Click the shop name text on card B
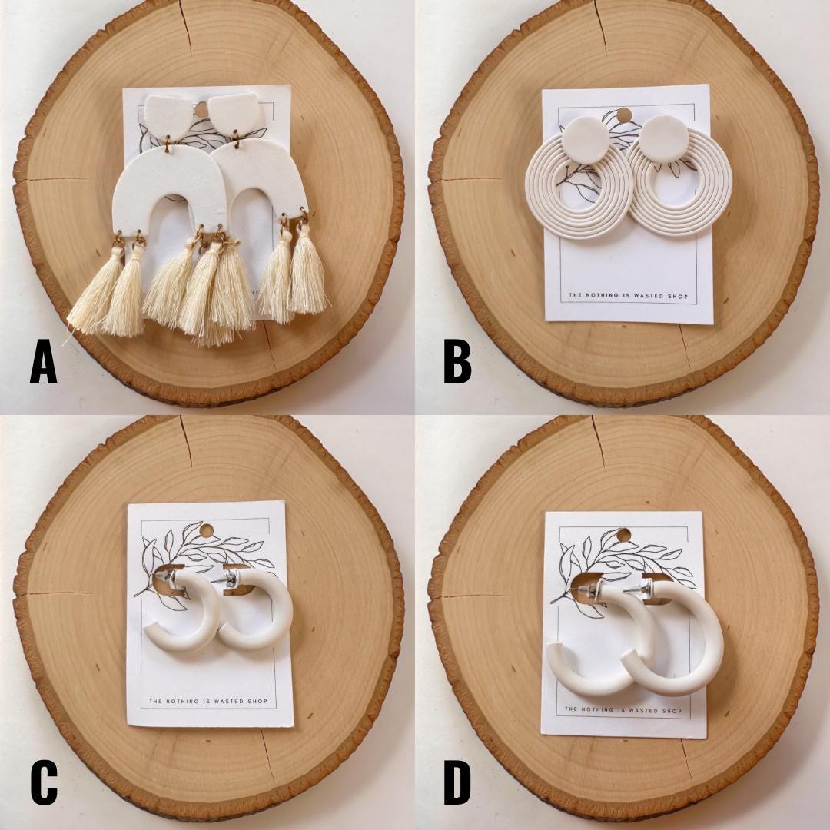(629, 295)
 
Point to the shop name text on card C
(208, 702)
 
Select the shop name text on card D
(623, 709)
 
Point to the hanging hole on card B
(626, 114)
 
